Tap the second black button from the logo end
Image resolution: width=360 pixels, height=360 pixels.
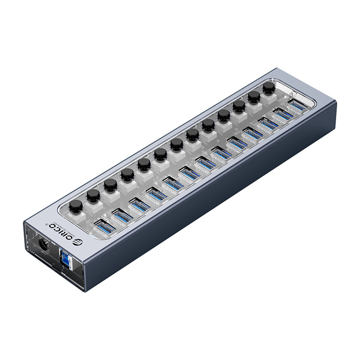pos(93,195)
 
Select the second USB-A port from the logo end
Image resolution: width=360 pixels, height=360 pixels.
pos(122,216)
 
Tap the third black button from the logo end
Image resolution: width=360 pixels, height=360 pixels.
pos(110,184)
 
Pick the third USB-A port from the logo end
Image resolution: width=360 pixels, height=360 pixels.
pos(139,204)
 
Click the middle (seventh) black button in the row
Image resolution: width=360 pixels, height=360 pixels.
pos(176,144)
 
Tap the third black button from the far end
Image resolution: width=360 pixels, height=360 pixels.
pos(238,106)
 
